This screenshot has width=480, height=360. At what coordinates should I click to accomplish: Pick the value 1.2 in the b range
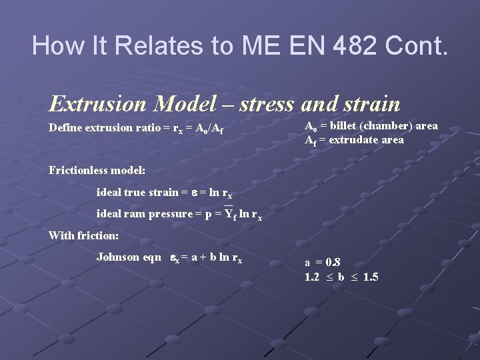tap(312, 277)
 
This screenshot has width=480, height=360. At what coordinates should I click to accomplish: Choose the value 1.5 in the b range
tap(369, 277)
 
